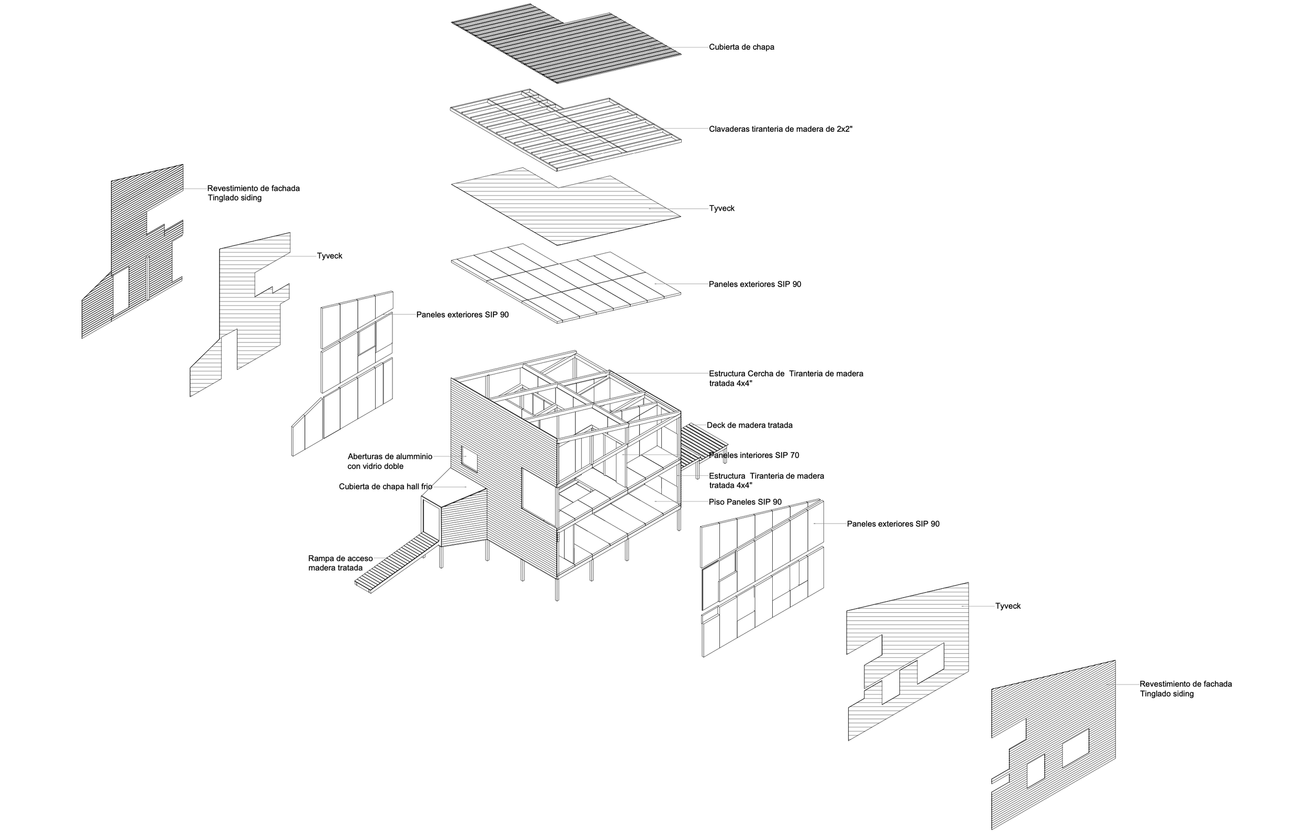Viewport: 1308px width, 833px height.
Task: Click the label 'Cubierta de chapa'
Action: pos(741,47)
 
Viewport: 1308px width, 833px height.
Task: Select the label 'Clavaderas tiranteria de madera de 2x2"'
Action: pos(780,129)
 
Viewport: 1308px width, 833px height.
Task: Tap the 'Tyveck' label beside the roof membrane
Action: pos(721,209)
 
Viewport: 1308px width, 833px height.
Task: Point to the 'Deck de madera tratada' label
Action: pos(749,425)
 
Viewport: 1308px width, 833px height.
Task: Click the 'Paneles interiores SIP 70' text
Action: pos(754,455)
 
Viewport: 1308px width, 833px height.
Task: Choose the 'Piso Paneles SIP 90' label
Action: pos(745,503)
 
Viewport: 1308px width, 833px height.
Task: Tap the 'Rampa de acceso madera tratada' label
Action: pos(340,563)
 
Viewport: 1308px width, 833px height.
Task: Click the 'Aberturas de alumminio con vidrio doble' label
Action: pos(389,462)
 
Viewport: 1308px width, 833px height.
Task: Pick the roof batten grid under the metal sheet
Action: pos(565,129)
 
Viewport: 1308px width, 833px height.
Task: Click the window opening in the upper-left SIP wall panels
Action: pos(367,339)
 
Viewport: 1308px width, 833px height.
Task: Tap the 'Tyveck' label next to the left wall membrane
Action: pos(329,256)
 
